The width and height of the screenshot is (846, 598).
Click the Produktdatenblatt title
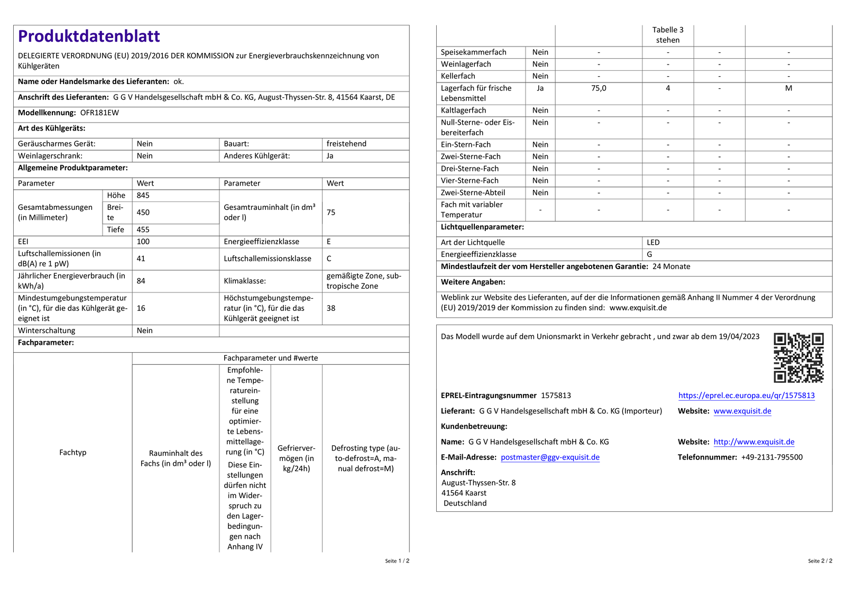click(x=89, y=36)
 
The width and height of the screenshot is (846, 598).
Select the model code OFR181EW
click(x=99, y=113)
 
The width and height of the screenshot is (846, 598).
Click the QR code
click(x=798, y=357)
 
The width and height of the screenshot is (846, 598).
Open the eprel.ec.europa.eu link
click(x=746, y=395)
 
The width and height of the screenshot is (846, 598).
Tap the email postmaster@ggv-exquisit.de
click(x=550, y=457)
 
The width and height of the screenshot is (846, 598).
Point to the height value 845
click(x=143, y=196)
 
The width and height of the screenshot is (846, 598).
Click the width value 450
click(x=143, y=213)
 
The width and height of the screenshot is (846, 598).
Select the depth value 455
click(x=143, y=229)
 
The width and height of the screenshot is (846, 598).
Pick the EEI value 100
click(x=143, y=242)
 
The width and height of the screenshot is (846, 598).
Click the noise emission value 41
click(x=141, y=259)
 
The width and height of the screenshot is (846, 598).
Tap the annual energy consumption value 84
click(x=141, y=281)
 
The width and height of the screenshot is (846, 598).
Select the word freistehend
click(x=346, y=144)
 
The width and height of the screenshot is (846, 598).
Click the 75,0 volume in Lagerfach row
click(x=599, y=88)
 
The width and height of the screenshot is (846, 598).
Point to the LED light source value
click(x=653, y=243)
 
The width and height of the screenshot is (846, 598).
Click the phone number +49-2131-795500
click(x=771, y=457)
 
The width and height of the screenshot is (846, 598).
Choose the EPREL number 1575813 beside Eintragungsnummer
click(x=556, y=395)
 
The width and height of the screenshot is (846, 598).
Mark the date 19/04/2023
click(x=739, y=337)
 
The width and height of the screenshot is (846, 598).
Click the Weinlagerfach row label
click(x=466, y=65)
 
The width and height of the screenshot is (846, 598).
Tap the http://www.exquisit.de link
click(x=753, y=442)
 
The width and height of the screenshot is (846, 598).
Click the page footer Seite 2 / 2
click(x=820, y=561)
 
